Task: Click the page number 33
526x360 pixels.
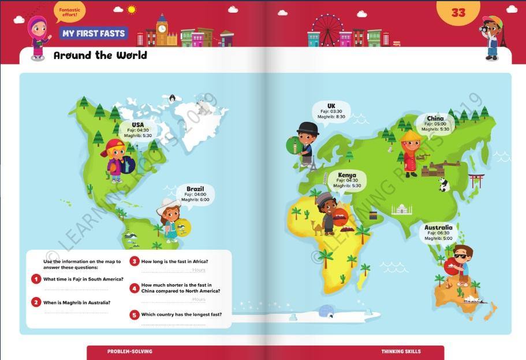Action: pos(458,12)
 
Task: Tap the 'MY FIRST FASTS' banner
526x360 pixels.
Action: pos(94,34)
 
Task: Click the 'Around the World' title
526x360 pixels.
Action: pos(100,55)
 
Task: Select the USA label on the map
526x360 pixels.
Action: pos(137,124)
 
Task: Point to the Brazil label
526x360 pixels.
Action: pos(195,189)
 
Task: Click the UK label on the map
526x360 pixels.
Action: pos(331,106)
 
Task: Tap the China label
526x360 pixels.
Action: pos(435,118)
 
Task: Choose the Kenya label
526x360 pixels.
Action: pos(347,175)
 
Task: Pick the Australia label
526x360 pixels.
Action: pos(438,228)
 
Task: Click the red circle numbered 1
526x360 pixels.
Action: pos(36,279)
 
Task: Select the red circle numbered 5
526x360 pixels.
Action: pos(135,315)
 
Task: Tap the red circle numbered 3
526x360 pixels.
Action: pos(135,262)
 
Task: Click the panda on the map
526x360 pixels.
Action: pos(443,184)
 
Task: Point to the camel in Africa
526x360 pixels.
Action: pos(316,228)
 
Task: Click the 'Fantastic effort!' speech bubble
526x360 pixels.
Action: pos(69,10)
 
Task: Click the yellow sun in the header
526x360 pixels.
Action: pos(132,9)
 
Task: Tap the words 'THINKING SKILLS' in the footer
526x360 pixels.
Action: pos(401,351)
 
